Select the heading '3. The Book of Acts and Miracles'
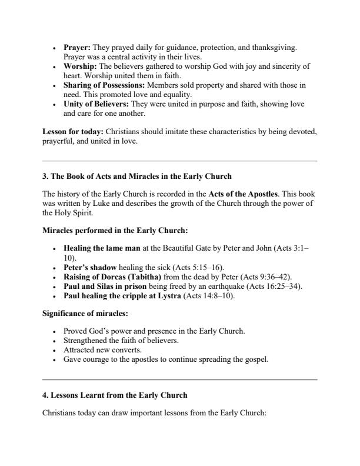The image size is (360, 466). [x=136, y=176]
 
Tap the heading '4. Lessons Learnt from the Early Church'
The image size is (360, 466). [x=115, y=395]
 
